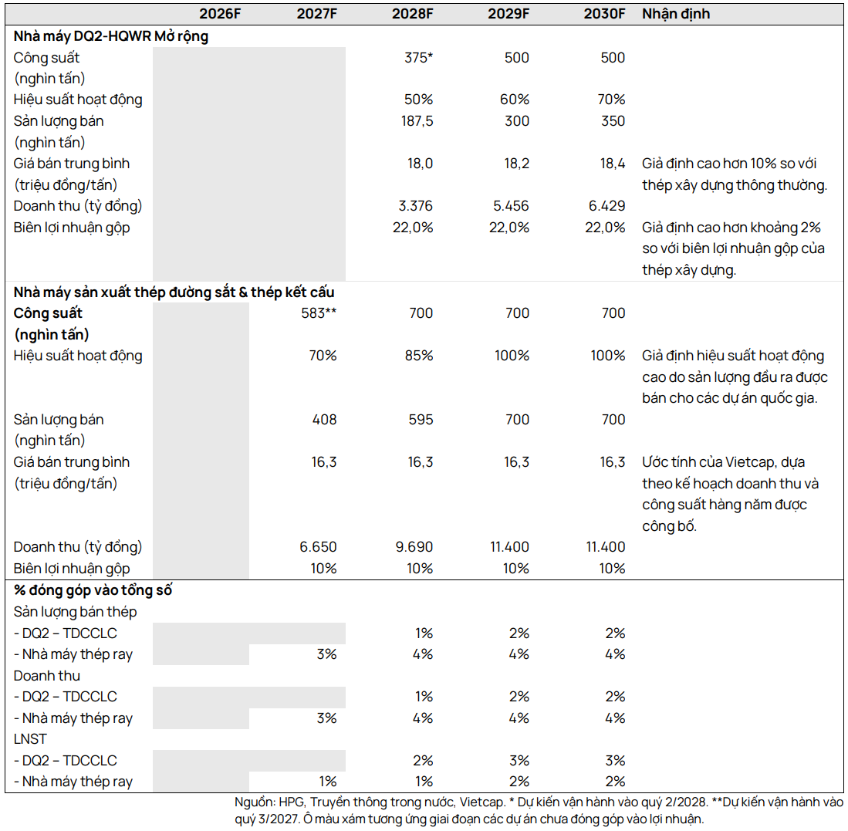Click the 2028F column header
[412, 14]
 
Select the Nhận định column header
[675, 14]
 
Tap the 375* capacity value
[418, 57]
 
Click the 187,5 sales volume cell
[417, 121]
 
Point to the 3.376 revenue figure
[415, 206]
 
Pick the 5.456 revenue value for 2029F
[511, 206]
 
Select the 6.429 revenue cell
[606, 206]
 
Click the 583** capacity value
[319, 313]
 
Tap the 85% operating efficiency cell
[418, 356]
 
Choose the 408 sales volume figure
[324, 420]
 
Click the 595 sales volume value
[421, 420]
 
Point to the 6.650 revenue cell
[318, 547]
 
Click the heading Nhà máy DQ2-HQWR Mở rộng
[111, 36]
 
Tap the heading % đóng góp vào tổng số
[93, 589]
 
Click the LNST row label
[30, 739]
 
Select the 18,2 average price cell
[516, 164]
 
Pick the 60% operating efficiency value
[515, 100]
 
